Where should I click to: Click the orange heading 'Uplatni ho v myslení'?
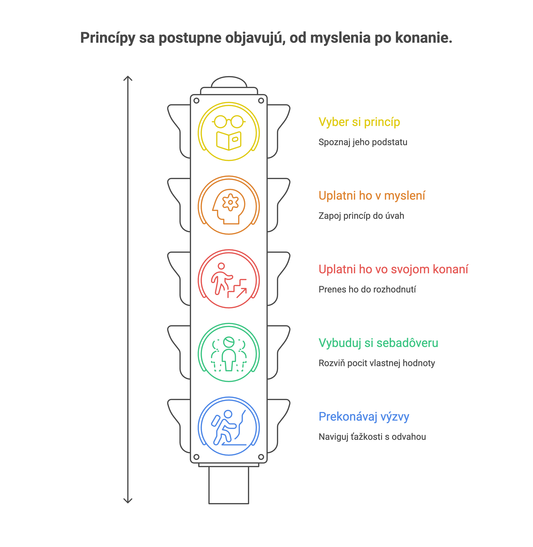coord(372,196)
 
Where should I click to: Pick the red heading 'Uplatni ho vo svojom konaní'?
coord(393,269)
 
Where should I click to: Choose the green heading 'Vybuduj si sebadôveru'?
coord(378,343)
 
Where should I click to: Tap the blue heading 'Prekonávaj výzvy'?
coord(364,417)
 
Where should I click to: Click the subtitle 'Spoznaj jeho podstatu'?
coord(363,142)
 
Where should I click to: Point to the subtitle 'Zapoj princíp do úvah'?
coord(361,216)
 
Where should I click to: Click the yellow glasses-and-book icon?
coord(229,132)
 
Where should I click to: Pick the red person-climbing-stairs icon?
coord(229,280)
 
